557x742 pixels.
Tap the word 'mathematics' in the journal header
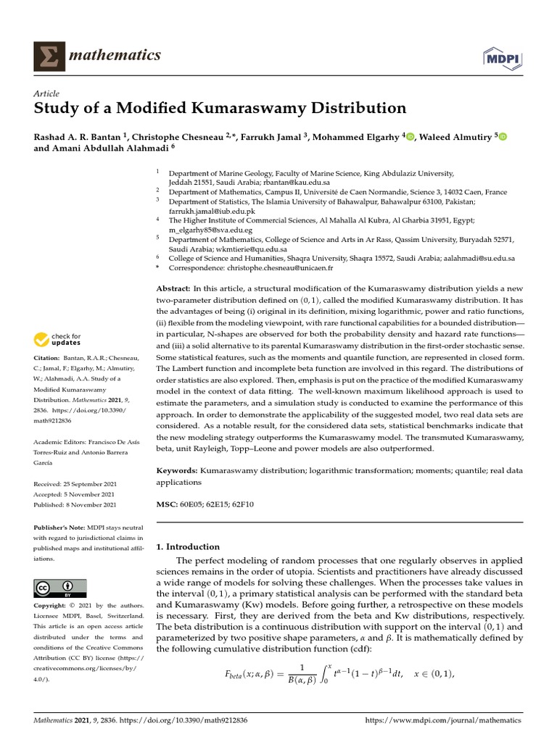115,55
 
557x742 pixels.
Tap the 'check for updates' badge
57,338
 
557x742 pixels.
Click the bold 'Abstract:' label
176,289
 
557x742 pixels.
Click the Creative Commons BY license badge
60,588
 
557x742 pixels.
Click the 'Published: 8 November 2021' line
75,504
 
